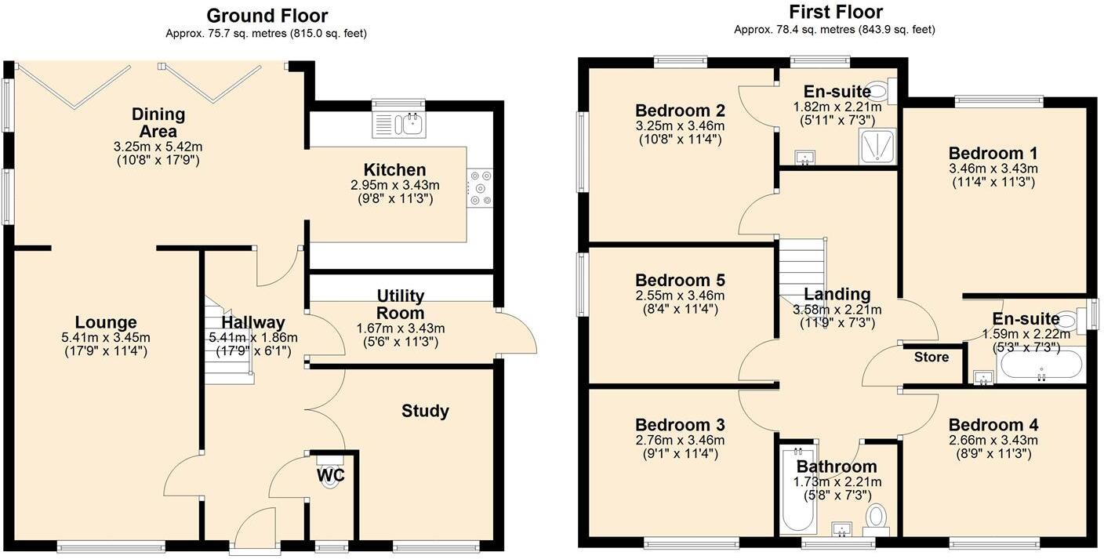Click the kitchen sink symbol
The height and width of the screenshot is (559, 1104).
tap(399, 124)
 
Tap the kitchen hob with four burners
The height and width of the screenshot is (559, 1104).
tap(480, 188)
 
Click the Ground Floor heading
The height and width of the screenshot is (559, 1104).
tap(267, 16)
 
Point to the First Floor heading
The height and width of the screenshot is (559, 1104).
tap(835, 12)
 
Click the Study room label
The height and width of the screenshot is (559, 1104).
tap(425, 411)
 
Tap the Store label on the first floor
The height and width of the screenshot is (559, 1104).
tap(931, 358)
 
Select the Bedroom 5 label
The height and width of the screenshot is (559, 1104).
tap(680, 281)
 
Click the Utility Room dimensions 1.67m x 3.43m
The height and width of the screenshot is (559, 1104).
tap(401, 328)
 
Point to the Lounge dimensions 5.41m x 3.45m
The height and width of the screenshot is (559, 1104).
tap(106, 338)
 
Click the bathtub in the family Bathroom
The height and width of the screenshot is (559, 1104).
tap(797, 490)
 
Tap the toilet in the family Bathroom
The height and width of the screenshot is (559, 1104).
tap(876, 517)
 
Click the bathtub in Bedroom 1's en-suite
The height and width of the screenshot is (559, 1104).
tap(1041, 365)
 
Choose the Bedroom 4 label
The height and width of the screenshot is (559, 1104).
tap(993, 425)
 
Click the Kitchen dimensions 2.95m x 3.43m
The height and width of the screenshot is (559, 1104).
tap(395, 186)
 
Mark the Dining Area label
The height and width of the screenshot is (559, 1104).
tap(158, 122)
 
